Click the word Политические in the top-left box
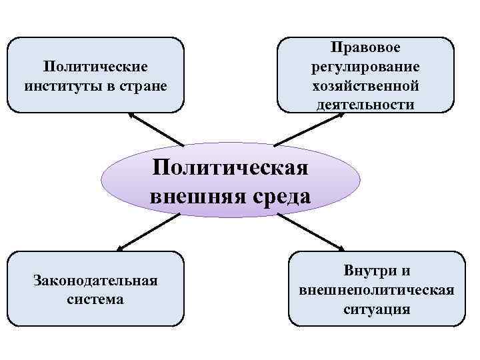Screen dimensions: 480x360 pyautogui.click(x=95, y=67)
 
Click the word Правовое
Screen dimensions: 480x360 pyautogui.click(x=365, y=48)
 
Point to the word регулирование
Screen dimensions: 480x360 pyautogui.click(x=365, y=67)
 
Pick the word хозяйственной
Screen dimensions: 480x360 pyautogui.click(x=365, y=86)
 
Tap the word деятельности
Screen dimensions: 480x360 pyautogui.click(x=365, y=105)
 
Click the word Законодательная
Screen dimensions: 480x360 pyautogui.click(x=95, y=280)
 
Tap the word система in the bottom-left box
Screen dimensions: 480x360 pyautogui.click(x=95, y=299)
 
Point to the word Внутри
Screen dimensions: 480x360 pyautogui.click(x=368, y=271)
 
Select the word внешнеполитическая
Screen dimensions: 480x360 pyautogui.click(x=377, y=290)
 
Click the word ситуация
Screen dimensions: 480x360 pyautogui.click(x=377, y=309)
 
